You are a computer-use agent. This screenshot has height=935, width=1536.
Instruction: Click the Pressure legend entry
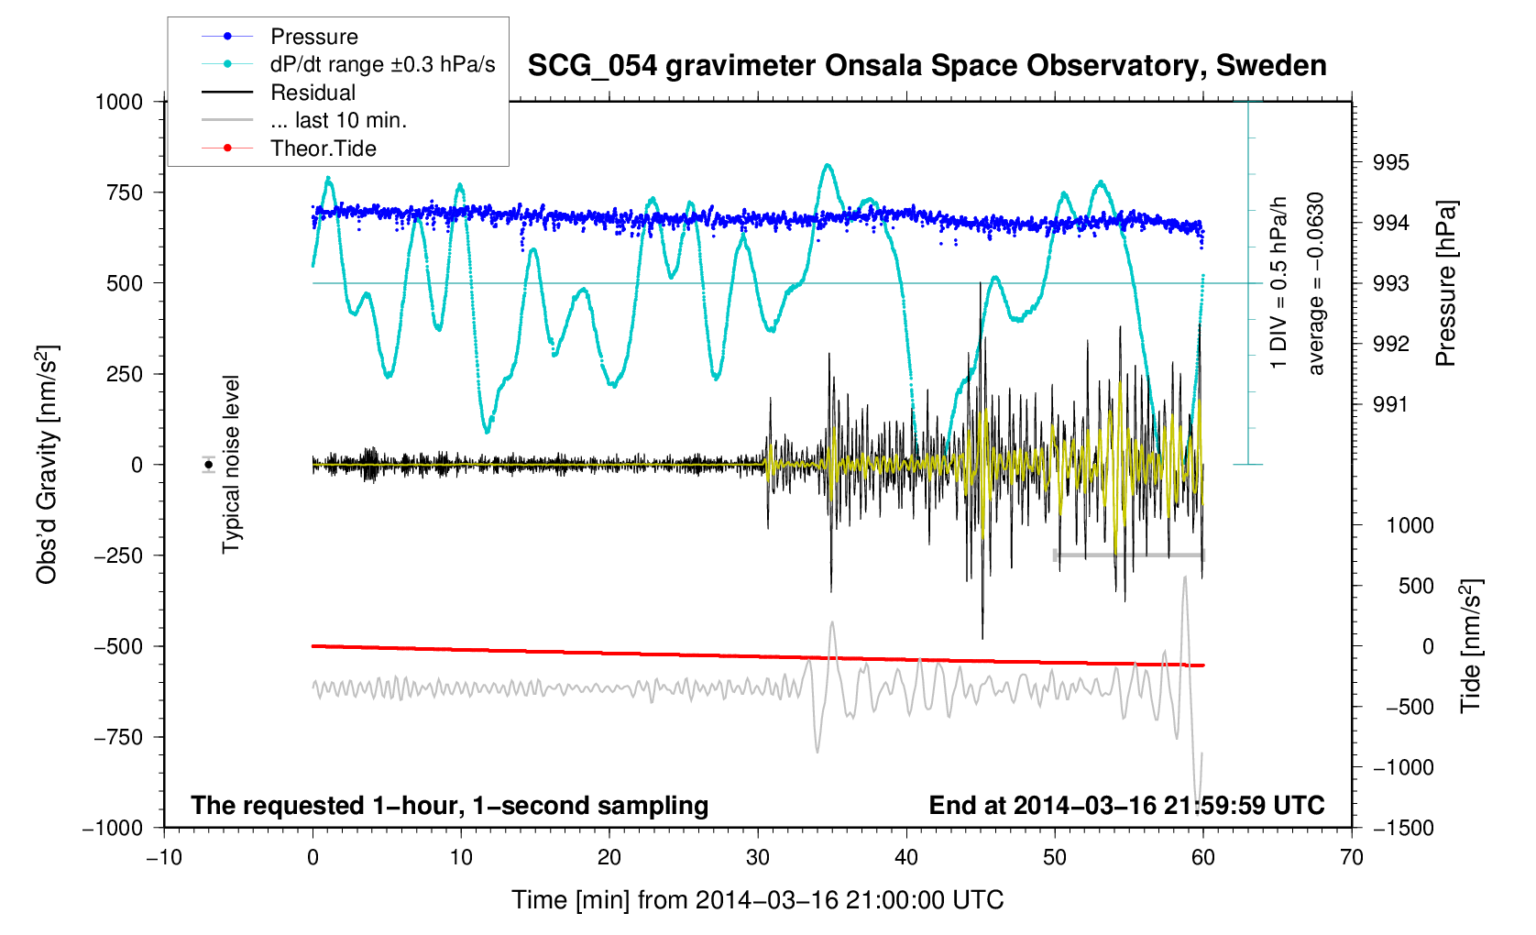click(x=313, y=37)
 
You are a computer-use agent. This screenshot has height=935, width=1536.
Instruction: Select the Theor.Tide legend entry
click(x=323, y=148)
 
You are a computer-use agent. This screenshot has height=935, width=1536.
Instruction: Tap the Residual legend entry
click(x=313, y=93)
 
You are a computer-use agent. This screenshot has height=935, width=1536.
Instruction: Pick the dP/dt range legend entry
click(x=382, y=64)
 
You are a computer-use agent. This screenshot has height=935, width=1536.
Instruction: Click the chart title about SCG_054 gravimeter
click(x=927, y=66)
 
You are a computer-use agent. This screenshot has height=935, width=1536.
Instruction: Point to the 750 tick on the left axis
click(x=125, y=192)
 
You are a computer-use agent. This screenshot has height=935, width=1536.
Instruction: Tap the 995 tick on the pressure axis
click(x=1390, y=163)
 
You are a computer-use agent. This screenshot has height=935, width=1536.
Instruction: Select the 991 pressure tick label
click(x=1390, y=404)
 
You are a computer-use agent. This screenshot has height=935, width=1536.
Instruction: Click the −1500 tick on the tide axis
click(x=1403, y=828)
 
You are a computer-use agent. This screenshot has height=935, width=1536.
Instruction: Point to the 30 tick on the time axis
click(x=758, y=858)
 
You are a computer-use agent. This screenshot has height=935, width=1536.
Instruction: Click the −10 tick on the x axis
click(x=164, y=858)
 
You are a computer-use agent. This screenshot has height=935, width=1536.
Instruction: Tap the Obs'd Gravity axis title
click(x=47, y=465)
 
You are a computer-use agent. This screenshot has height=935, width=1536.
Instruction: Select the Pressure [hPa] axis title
click(x=1445, y=284)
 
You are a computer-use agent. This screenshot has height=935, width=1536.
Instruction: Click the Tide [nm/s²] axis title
click(x=1471, y=646)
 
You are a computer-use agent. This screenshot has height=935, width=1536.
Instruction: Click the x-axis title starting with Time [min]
click(x=757, y=900)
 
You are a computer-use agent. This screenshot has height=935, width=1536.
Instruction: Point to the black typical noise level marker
click(x=209, y=465)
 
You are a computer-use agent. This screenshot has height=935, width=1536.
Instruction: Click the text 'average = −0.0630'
click(x=1316, y=284)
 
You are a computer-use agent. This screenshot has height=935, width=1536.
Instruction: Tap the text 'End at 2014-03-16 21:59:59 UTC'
click(x=1126, y=806)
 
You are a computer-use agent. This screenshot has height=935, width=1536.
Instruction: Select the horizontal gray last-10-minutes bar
click(x=1129, y=555)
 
